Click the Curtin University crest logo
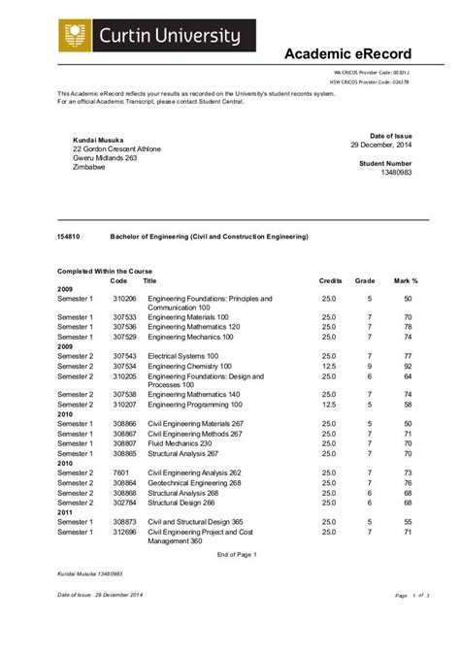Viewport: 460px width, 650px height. pos(71,36)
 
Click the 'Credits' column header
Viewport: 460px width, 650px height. pos(331,280)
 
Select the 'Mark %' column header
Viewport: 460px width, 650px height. pos(406,280)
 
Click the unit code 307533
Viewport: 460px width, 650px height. pos(124,316)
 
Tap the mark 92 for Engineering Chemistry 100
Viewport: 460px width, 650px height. pos(409,367)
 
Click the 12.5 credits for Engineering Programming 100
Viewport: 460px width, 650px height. pos(329,405)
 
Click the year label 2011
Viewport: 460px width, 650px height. pos(65,512)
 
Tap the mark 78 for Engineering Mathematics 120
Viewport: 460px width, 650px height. pos(409,327)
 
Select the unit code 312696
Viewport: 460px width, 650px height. pos(124,532)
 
